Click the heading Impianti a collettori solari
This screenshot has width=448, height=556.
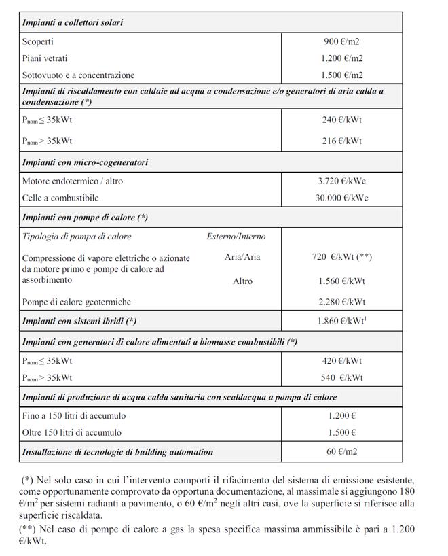(x=73, y=23)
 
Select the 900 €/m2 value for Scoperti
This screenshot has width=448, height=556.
(x=342, y=41)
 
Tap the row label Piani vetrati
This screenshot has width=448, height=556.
(x=45, y=58)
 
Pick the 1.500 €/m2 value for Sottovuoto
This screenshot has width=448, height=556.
(x=342, y=75)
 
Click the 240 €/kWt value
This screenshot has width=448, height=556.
(x=342, y=120)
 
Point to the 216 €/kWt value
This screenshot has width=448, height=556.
(x=342, y=141)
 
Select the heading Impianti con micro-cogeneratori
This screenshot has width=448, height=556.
(x=86, y=162)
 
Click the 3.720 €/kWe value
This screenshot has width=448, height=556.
(x=342, y=181)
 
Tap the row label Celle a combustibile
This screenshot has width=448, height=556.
(x=60, y=198)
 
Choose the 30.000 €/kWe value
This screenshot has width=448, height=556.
(x=342, y=198)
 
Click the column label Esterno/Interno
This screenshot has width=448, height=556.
(x=236, y=237)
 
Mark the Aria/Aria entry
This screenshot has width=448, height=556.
(x=242, y=257)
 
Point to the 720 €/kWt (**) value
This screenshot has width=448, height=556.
(x=342, y=257)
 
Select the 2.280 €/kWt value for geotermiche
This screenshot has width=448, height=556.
(x=342, y=302)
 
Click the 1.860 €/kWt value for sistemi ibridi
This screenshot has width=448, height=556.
(x=342, y=319)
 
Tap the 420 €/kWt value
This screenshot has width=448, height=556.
(x=342, y=361)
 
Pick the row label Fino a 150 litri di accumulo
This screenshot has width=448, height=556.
(x=74, y=415)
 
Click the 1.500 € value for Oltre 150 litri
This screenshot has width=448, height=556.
(x=342, y=432)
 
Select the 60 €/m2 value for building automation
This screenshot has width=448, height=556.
(x=342, y=451)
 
